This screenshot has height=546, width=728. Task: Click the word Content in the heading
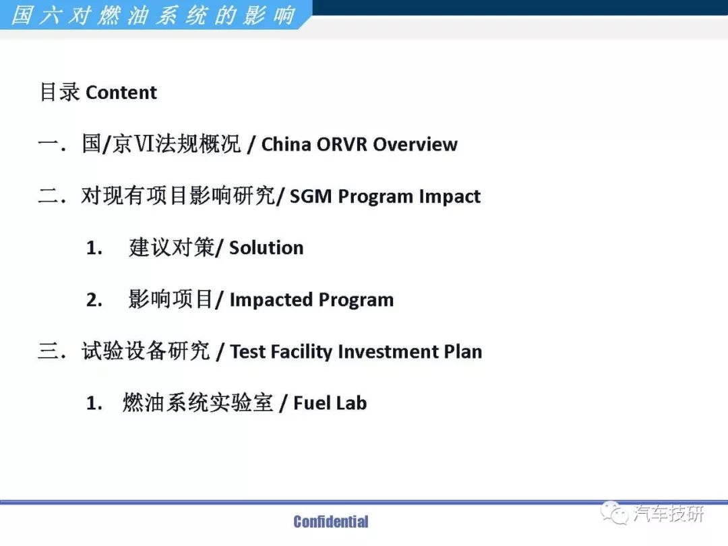click(121, 92)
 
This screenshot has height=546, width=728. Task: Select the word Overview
click(415, 144)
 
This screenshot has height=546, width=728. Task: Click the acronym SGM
click(311, 196)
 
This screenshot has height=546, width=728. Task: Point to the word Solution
click(266, 248)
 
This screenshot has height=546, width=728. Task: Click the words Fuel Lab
click(330, 403)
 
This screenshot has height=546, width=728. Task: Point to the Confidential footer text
click(331, 522)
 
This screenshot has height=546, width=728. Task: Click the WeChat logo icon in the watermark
click(614, 513)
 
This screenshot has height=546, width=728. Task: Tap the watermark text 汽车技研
click(668, 514)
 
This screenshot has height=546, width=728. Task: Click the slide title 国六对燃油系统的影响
click(153, 15)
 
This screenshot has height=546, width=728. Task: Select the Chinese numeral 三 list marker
click(49, 351)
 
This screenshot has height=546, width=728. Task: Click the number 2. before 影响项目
click(94, 300)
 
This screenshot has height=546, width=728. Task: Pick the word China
click(286, 144)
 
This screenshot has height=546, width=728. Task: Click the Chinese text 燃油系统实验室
click(198, 402)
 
